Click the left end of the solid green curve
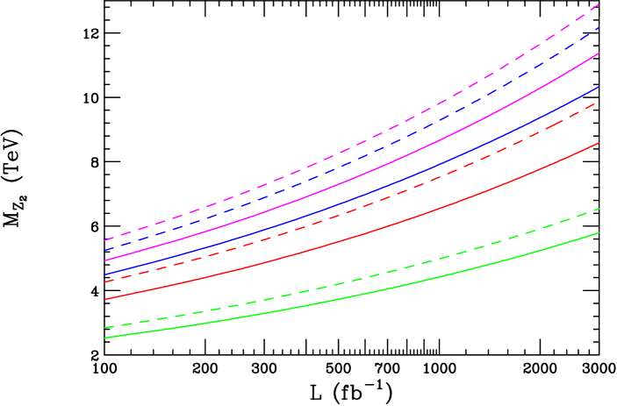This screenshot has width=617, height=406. pos(104,338)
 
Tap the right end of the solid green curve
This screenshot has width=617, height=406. pos(599,232)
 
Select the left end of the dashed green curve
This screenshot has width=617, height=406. pos(104,328)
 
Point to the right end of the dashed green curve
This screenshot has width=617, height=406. pos(599,209)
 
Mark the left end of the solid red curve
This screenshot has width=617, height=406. pos(104,299)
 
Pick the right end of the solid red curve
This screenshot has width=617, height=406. pos(599,142)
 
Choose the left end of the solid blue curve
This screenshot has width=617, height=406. pos(104,274)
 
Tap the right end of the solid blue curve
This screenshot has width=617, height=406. pos(599,86)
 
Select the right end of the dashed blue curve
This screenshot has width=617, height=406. pos(599,27)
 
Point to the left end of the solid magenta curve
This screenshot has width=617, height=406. pos(104,260)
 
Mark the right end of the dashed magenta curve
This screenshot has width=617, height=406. pos(599,4)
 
